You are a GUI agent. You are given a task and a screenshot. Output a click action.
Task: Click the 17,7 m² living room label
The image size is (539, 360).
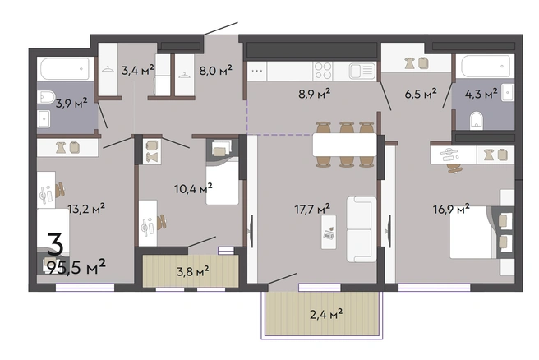tap(312, 209)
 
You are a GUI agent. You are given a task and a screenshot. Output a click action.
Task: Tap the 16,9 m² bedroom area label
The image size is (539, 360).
tap(451, 209)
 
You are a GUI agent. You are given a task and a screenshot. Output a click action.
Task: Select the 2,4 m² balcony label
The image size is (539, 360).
tap(326, 314)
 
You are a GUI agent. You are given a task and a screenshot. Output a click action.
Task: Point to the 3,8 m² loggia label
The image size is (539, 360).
tap(192, 271)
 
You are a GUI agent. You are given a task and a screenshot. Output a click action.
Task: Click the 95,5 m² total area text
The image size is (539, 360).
tap(76, 267)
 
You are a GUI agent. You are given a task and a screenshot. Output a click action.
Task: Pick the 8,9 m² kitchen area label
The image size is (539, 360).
tap(314, 94)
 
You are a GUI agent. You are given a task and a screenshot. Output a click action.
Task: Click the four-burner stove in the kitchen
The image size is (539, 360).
tap(323, 71)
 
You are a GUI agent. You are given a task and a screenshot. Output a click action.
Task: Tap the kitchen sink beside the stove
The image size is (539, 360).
tap(362, 72)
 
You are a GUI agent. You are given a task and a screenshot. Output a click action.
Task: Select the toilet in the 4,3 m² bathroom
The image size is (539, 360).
tap(476, 120)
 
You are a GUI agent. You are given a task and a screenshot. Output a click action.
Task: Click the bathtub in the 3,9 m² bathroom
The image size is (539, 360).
tap(65, 69)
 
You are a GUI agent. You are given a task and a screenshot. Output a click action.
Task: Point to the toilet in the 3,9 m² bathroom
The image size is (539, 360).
tap(46, 97)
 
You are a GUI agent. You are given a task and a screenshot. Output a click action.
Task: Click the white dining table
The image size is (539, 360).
tap(344, 145)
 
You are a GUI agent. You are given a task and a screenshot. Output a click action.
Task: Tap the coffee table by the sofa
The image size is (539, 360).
tap(329, 232)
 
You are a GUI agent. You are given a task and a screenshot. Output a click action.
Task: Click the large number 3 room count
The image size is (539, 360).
tap(55, 243)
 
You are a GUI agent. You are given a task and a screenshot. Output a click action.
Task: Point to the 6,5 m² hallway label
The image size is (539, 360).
tap(421, 94)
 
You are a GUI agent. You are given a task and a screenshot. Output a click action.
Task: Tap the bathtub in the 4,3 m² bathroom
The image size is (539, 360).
tap(488, 66)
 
